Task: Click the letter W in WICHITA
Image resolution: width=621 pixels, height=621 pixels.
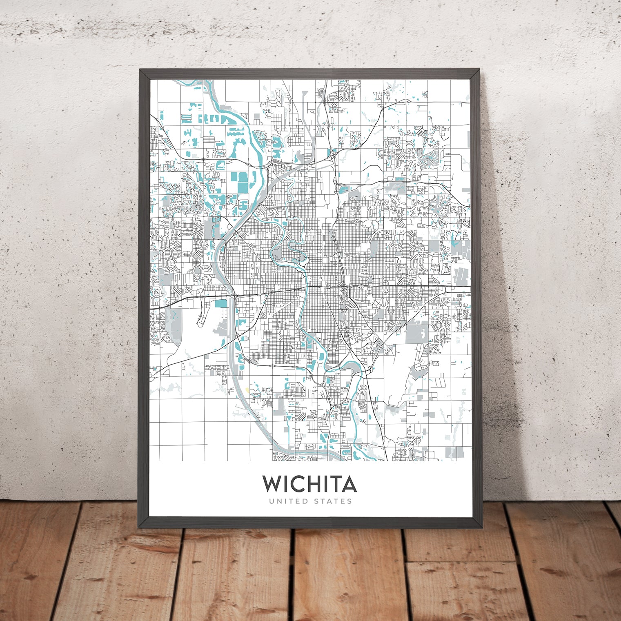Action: pos(272,484)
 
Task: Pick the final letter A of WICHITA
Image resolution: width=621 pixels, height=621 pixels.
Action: pos(349,484)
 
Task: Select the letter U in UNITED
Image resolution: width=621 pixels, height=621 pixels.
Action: pos(272,501)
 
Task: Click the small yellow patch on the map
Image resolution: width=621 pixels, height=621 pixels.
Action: pos(247,389)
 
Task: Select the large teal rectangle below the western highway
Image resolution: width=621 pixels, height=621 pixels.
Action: pos(220,303)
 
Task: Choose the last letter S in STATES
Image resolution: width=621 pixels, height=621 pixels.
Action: pos(349,501)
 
